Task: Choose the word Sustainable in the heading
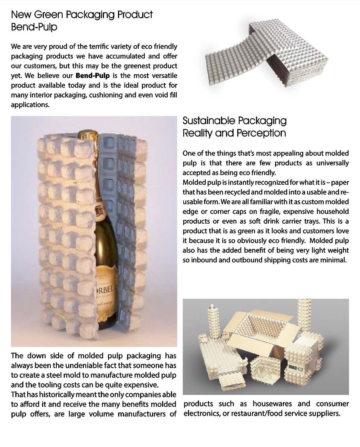point(208,121)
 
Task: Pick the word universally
point(332,163)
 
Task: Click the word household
point(332,212)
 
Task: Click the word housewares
point(272,404)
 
